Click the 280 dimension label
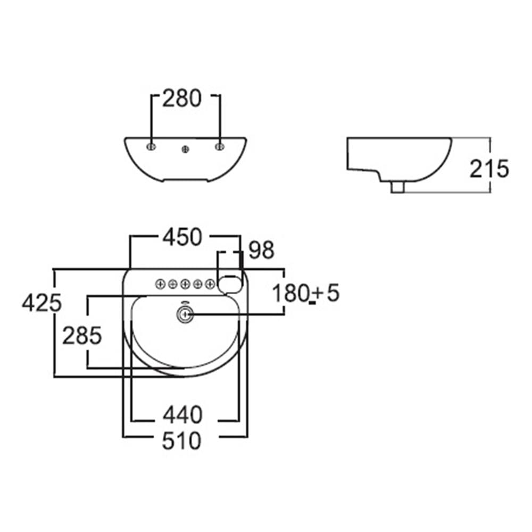pyautogui.click(x=182, y=98)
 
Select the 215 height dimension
pyautogui.click(x=489, y=168)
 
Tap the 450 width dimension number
pyautogui.click(x=182, y=237)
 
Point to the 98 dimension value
pyautogui.click(x=261, y=250)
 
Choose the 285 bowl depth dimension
pyautogui.click(x=82, y=336)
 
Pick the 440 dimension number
pyautogui.click(x=182, y=414)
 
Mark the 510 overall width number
pyautogui.click(x=182, y=440)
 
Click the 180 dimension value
pyautogui.click(x=290, y=293)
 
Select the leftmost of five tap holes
pyautogui.click(x=160, y=284)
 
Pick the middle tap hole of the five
pyautogui.click(x=185, y=284)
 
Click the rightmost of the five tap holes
pyautogui.click(x=210, y=284)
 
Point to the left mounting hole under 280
pyautogui.click(x=151, y=147)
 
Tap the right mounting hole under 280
pyautogui.click(x=220, y=147)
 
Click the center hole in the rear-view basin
pyautogui.click(x=185, y=149)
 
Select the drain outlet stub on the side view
pyautogui.click(x=397, y=187)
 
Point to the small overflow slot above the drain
pyautogui.click(x=185, y=303)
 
